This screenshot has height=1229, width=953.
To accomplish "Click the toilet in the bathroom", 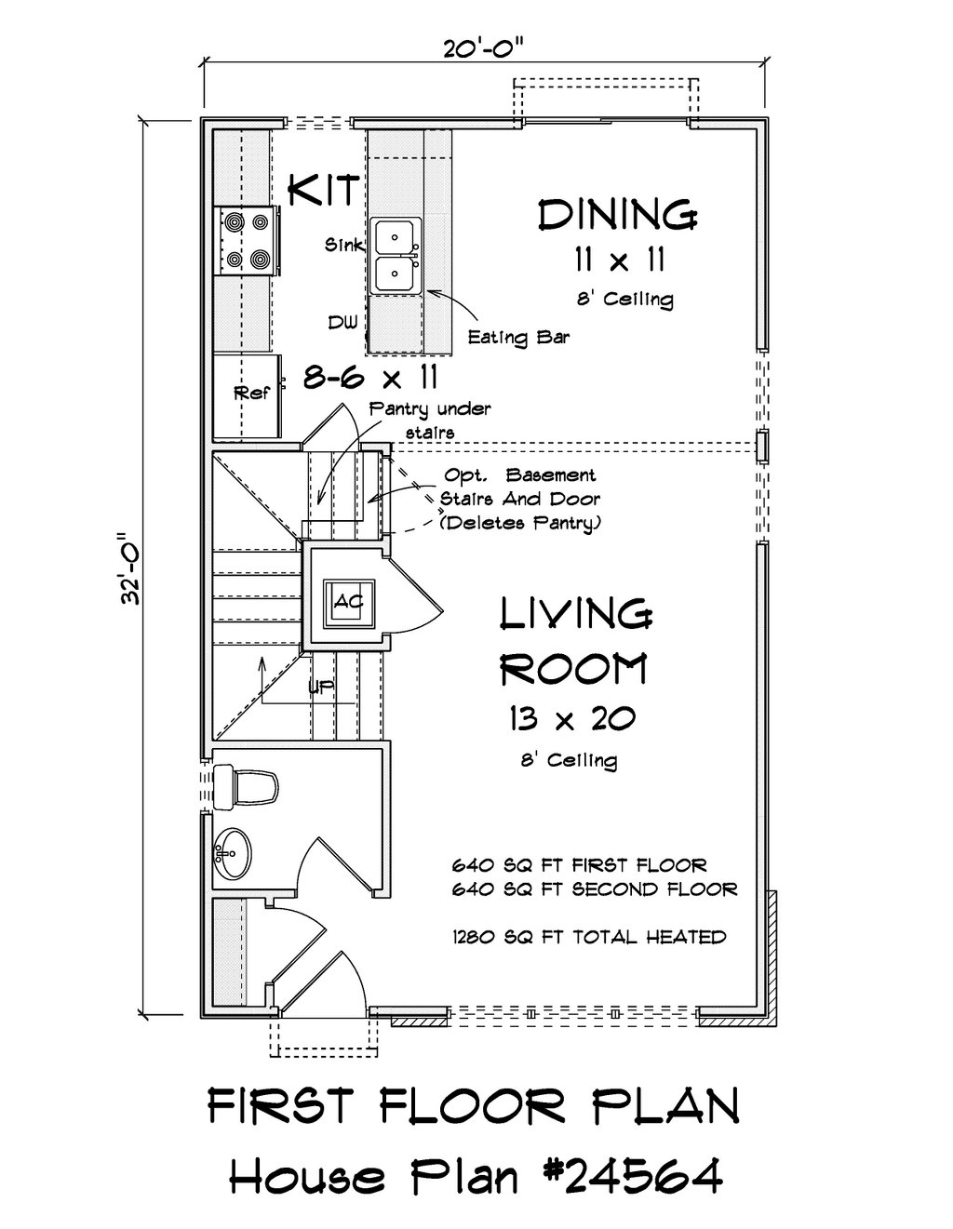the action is point(246,786).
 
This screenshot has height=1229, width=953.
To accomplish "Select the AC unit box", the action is point(348,603).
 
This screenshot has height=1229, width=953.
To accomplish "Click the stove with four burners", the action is point(247,241).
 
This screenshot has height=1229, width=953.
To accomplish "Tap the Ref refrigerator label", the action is point(252,393).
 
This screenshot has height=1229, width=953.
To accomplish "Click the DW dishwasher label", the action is point(343,323).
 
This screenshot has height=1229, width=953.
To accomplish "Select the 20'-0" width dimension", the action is point(484,49).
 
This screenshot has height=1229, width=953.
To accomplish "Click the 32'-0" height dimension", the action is point(132,569).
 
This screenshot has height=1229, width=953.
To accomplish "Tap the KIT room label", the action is point(324,190).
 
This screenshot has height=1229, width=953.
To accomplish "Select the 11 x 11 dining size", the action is point(619,260).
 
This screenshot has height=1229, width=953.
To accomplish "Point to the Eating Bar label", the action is point(518,338).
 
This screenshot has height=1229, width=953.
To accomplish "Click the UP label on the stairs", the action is point(320,688).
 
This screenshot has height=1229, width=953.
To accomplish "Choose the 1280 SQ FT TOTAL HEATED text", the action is point(589,938).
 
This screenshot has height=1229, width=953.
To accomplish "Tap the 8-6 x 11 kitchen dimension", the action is point(370,377).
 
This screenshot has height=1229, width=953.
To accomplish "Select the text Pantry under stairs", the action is point(430,421).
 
